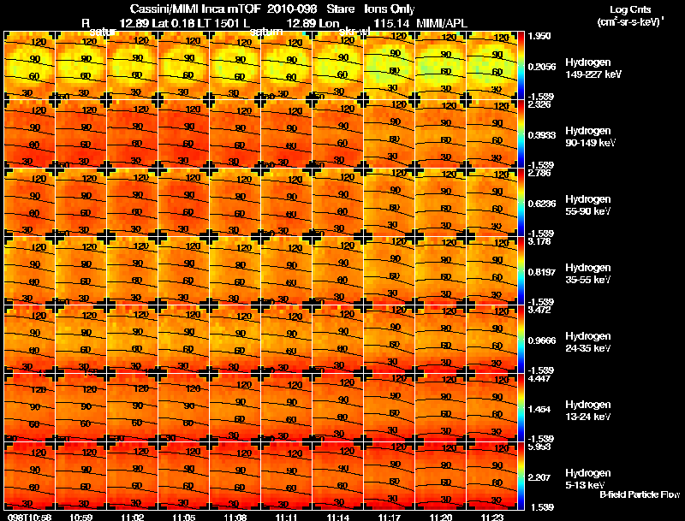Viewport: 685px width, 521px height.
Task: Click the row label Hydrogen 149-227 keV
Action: (x=593, y=68)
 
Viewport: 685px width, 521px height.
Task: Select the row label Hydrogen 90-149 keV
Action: (x=593, y=137)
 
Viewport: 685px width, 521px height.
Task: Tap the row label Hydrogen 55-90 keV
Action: (x=593, y=204)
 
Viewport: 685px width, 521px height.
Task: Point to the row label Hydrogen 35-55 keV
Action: (x=593, y=273)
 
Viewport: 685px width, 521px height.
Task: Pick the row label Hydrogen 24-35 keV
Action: (x=593, y=341)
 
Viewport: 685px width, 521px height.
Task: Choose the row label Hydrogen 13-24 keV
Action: (x=593, y=410)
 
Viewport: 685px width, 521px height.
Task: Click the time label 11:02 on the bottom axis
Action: (x=133, y=517)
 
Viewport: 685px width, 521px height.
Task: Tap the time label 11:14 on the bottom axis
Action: (x=338, y=517)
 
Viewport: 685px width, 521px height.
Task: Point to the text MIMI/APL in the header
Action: (x=443, y=21)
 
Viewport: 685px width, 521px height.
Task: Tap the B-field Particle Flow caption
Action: (x=639, y=494)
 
